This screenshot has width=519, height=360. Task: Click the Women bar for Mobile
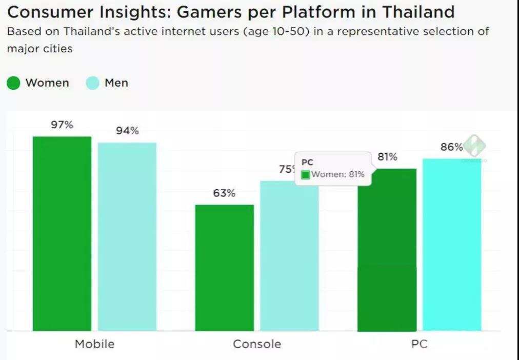(62, 233)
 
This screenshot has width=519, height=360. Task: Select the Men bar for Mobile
(127, 236)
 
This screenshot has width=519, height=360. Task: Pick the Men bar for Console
(289, 256)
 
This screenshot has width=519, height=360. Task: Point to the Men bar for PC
(452, 245)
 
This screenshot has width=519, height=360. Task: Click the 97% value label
(62, 125)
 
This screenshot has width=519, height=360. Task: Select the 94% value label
(127, 131)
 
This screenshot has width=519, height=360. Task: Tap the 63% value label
(224, 193)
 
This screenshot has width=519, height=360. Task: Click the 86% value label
(452, 147)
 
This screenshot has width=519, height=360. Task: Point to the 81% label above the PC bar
(387, 157)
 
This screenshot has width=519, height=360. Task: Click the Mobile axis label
(94, 344)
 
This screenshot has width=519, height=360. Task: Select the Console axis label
(257, 344)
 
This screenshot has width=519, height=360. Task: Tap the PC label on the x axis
(419, 344)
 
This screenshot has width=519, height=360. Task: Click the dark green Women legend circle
(14, 83)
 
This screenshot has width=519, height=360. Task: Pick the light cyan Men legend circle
(92, 83)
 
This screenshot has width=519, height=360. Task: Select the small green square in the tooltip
(306, 175)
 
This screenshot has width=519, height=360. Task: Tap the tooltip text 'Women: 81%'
(338, 174)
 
